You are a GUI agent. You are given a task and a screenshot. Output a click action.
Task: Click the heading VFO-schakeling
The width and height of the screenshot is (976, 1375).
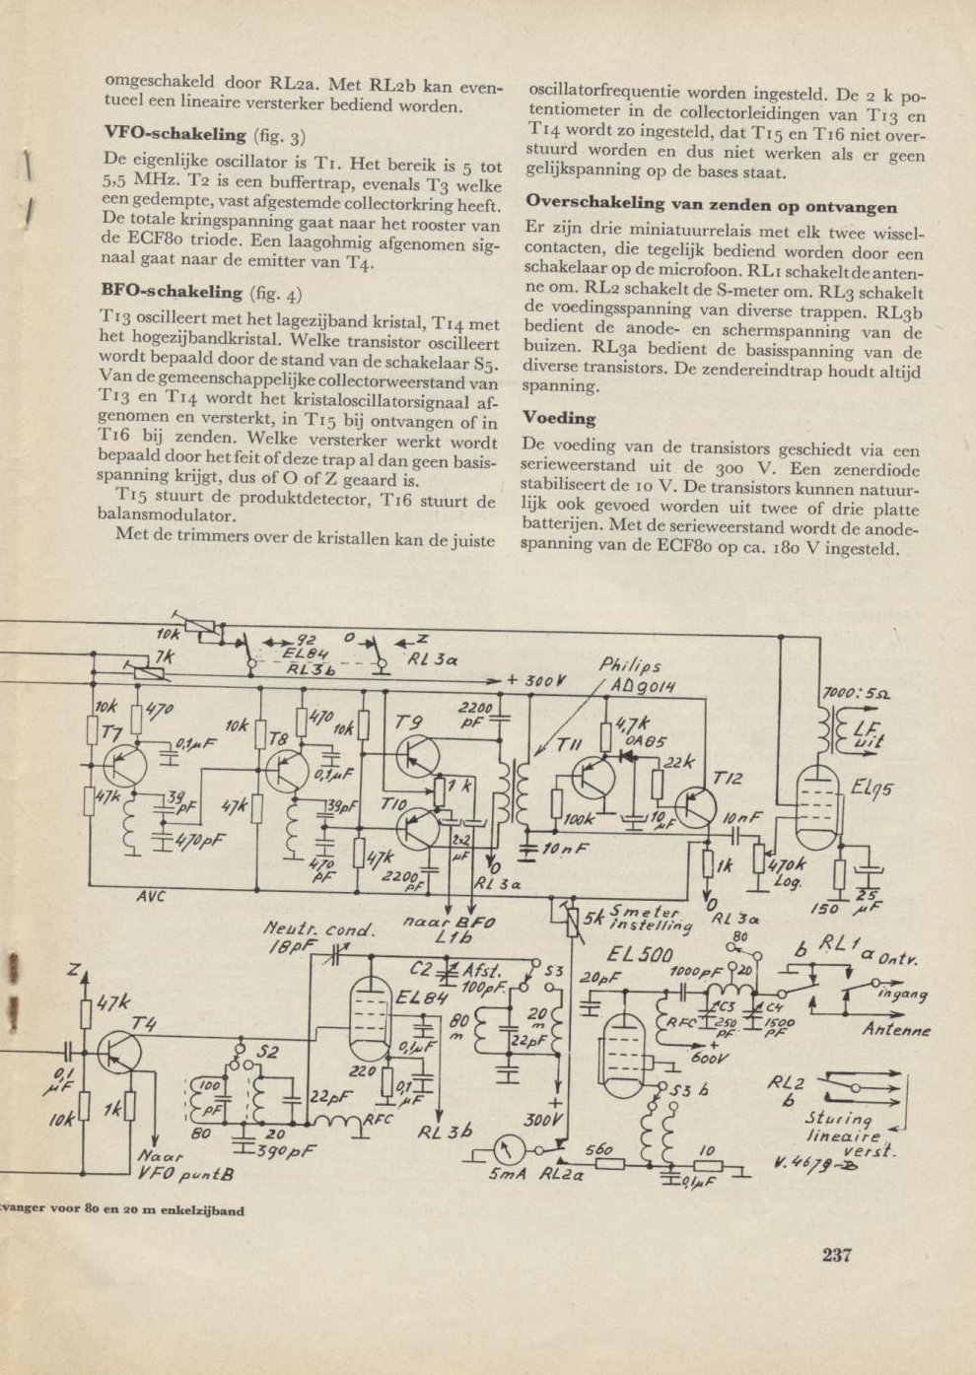174,134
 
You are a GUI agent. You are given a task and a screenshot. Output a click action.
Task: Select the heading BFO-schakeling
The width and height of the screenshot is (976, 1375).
172,292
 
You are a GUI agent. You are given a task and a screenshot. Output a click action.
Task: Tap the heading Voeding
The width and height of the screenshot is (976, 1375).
559,418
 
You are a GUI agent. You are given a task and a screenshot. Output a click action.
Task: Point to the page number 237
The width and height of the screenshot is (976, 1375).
836,1255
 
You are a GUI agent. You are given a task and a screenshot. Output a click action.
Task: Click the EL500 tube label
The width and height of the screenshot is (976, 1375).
641,955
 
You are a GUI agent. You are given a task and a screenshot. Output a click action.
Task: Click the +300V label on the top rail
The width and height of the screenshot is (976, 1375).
537,681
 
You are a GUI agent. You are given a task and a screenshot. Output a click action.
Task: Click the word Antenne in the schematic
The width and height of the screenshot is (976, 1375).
895,1031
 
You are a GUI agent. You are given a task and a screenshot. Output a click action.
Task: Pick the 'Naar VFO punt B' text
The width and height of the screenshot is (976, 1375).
184,1166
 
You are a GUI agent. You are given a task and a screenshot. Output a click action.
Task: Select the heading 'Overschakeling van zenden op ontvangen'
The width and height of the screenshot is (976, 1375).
711,206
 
